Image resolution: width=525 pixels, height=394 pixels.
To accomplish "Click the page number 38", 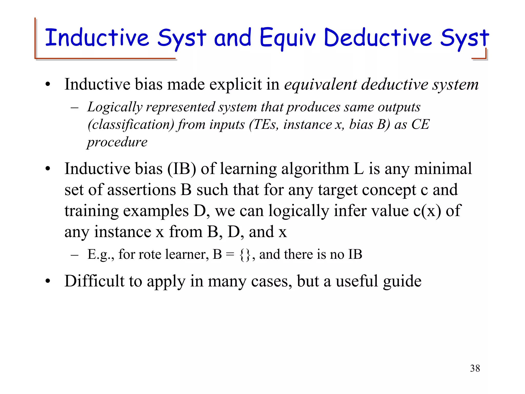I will click(x=475, y=368).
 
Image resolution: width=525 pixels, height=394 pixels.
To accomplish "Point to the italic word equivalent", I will click(x=320, y=85).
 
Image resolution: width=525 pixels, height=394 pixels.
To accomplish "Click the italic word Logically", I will click(x=115, y=107).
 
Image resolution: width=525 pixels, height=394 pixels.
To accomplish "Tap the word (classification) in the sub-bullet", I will click(x=131, y=125).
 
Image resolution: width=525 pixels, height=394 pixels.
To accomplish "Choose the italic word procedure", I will click(x=117, y=142).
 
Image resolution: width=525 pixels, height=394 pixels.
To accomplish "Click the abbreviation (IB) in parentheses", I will click(x=182, y=169).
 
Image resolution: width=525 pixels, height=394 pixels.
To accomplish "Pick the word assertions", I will click(x=142, y=190).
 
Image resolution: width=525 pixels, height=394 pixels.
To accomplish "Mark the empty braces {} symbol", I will click(x=245, y=255).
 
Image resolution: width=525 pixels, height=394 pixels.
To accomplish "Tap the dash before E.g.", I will click(x=74, y=255).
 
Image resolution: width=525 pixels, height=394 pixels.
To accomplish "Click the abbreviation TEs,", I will click(x=266, y=125).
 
